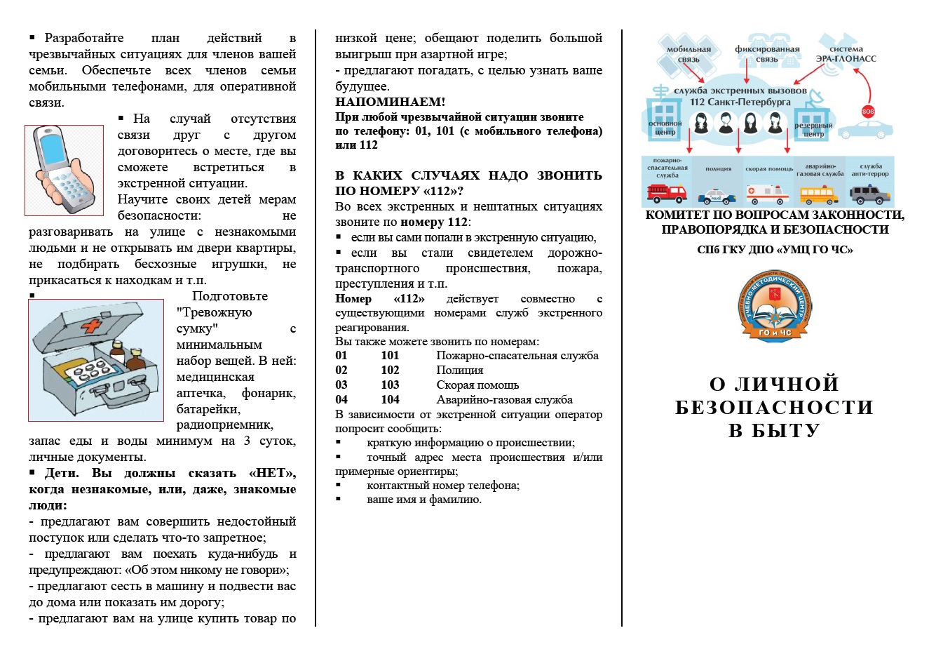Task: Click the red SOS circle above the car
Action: coord(868,112)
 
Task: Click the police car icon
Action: coord(717,195)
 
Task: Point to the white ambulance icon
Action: coord(767,193)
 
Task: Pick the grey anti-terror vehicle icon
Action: coord(870,193)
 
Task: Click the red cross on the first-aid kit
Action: coord(91,326)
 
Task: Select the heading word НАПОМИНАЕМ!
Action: coord(390,102)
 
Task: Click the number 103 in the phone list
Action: coord(390,385)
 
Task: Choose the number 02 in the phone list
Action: coord(341,370)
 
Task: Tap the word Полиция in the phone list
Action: coord(460,370)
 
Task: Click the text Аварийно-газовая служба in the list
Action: coord(504,399)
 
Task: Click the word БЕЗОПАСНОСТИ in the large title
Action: coord(774,408)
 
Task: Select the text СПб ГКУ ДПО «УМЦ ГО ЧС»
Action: coord(775,249)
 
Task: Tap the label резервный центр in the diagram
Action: coord(813,129)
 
